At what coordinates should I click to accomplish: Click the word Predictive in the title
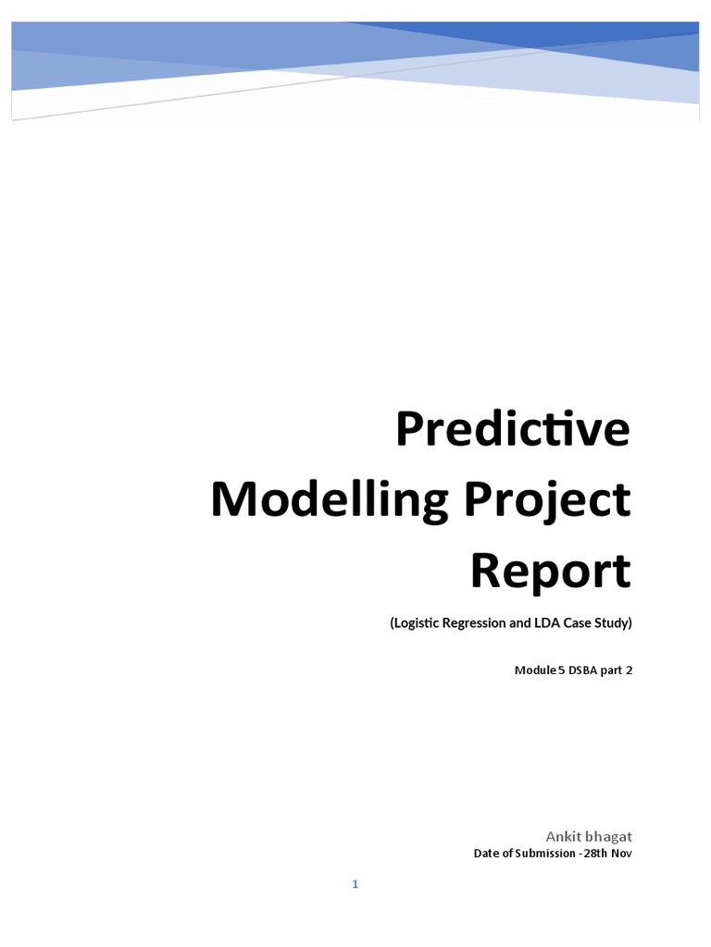point(513,430)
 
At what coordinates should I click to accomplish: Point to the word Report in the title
point(550,571)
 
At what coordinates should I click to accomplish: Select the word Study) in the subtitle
point(611,623)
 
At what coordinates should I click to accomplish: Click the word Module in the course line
point(534,670)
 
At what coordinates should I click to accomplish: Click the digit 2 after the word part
point(628,670)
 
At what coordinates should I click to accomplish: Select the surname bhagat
point(610,836)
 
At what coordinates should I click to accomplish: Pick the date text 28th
point(596,854)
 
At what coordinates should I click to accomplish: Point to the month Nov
point(622,854)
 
